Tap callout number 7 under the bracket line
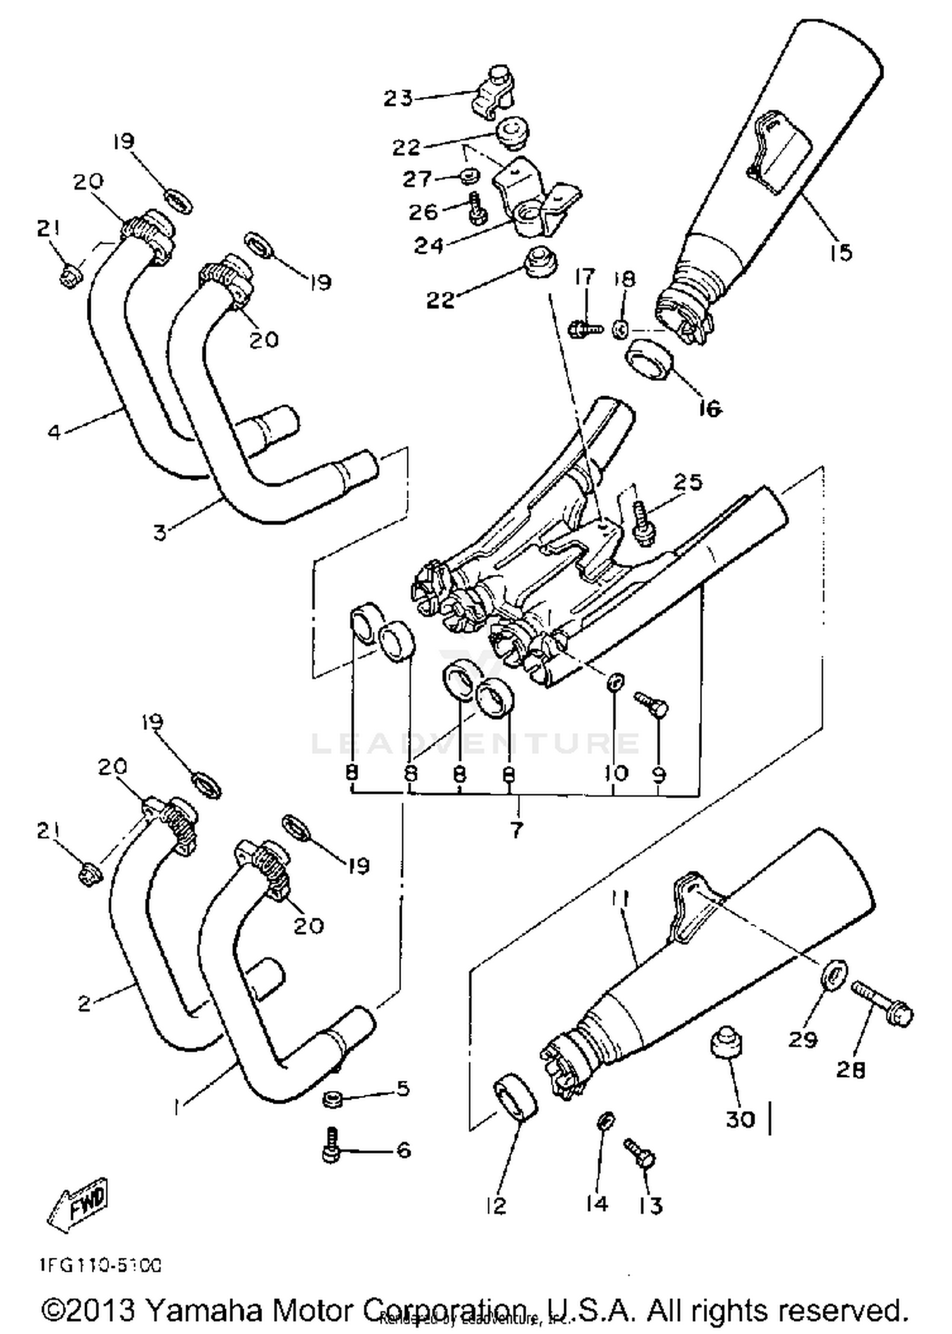pyautogui.click(x=516, y=829)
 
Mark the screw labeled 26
pyautogui.click(x=477, y=208)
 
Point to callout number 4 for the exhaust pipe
pyautogui.click(x=55, y=433)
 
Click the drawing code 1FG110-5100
pyautogui.click(x=98, y=1265)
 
